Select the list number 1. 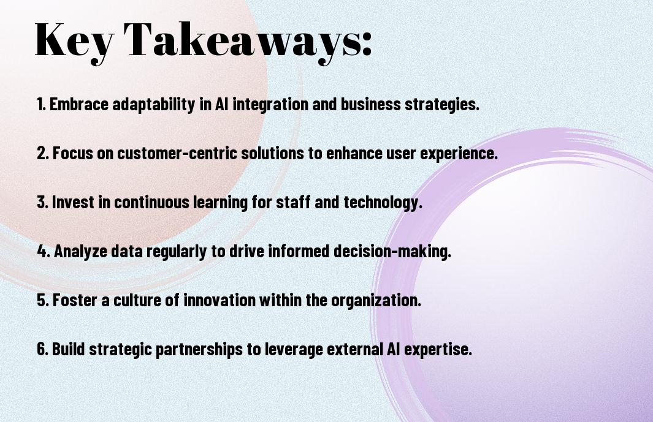coord(41,104)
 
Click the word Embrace coord(79,104)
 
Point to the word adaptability coord(154,105)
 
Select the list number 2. coord(42,153)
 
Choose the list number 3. coord(42,202)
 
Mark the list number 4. coord(44,251)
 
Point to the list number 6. coord(43,349)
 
